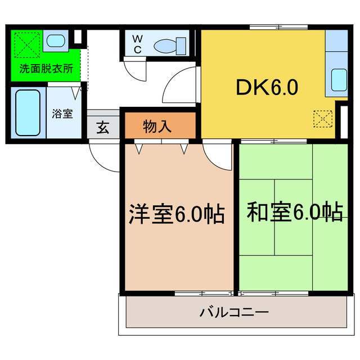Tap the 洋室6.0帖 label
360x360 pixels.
coord(177,214)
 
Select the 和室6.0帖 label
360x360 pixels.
coord(294,212)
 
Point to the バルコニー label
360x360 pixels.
coord(234,312)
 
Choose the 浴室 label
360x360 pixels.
coord(62,114)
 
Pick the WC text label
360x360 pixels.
coord(137,44)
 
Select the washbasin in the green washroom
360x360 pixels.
coord(55,40)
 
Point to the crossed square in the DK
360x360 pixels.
coord(322,119)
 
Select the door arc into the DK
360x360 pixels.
coord(179,84)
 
